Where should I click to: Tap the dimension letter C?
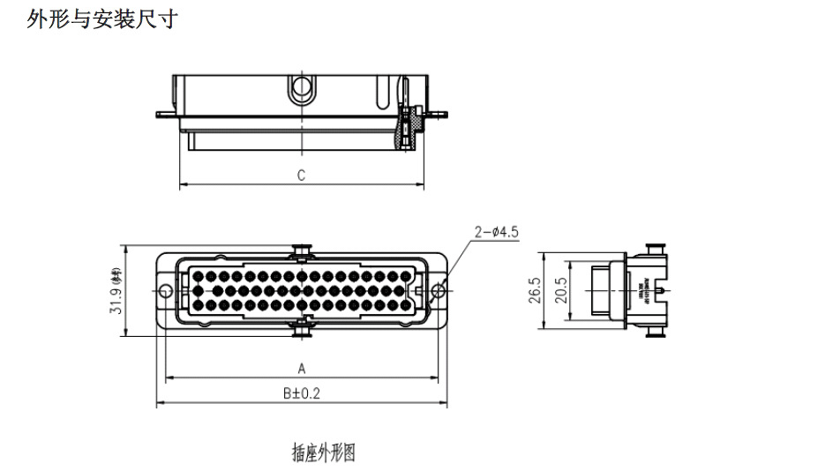pyautogui.click(x=301, y=175)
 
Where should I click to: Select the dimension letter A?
pyautogui.click(x=301, y=368)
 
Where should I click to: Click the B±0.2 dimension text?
pyautogui.click(x=301, y=393)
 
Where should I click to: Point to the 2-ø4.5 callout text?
pyautogui.click(x=496, y=232)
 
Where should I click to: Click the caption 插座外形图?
pyautogui.click(x=323, y=453)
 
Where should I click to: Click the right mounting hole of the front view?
pyautogui.click(x=438, y=291)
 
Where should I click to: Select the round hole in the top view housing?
pyautogui.click(x=301, y=87)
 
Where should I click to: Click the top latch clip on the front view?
pyautogui.click(x=301, y=251)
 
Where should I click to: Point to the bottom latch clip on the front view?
pyautogui.click(x=301, y=328)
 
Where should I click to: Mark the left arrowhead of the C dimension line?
pyautogui.click(x=183, y=186)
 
